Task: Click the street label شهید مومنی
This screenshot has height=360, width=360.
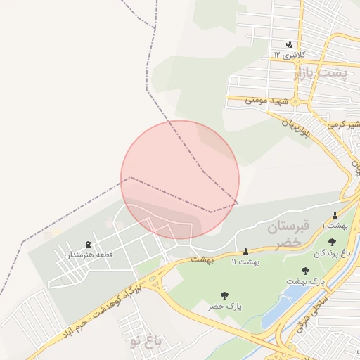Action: (x=267, y=101)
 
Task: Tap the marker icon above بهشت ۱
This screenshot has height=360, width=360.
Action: (x=335, y=215)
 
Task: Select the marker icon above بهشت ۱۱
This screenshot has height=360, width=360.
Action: (x=245, y=252)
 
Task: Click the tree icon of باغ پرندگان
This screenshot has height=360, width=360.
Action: (x=332, y=242)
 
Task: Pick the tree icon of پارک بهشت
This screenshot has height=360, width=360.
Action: (x=305, y=271)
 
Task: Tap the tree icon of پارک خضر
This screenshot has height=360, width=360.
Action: (x=224, y=296)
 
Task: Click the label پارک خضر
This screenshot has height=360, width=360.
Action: (x=224, y=307)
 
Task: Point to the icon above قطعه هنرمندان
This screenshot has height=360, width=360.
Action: (x=88, y=243)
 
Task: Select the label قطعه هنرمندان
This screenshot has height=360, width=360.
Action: (x=88, y=254)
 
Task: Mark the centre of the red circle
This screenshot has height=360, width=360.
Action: (x=180, y=179)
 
